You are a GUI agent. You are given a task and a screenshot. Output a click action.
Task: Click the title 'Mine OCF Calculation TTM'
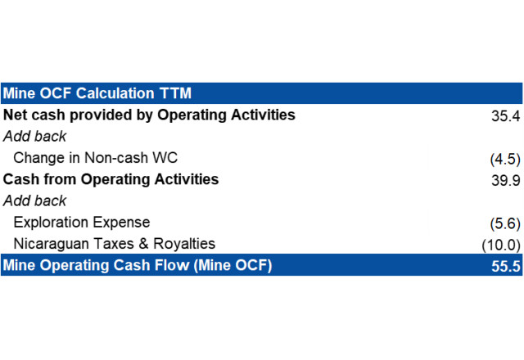(97, 93)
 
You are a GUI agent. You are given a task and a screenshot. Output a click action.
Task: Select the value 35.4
(506, 116)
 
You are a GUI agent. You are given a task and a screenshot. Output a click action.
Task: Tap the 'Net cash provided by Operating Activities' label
(149, 115)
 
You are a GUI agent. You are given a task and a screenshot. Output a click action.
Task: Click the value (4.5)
(505, 159)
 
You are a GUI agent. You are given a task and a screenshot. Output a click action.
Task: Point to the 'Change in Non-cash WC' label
(96, 158)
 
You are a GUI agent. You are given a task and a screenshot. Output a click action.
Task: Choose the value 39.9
(506, 180)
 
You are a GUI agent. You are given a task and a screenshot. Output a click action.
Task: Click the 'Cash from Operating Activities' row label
(111, 179)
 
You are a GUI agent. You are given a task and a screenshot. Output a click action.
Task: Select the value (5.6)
(505, 223)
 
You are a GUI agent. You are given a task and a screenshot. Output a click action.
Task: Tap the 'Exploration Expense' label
(82, 223)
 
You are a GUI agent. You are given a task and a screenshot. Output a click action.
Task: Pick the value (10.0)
(501, 245)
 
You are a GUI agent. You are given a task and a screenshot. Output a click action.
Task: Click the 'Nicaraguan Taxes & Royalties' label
(115, 244)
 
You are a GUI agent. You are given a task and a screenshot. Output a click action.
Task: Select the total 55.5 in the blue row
(506, 266)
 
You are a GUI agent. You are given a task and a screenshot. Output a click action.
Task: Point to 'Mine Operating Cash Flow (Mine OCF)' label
(138, 265)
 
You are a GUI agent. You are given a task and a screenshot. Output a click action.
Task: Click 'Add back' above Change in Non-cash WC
(34, 137)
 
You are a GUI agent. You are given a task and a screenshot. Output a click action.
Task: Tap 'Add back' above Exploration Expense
(34, 200)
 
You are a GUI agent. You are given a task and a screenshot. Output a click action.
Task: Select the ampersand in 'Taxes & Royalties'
(144, 244)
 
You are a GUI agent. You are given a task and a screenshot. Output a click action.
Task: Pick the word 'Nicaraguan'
(52, 245)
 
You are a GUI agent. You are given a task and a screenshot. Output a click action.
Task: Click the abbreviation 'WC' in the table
(165, 158)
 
